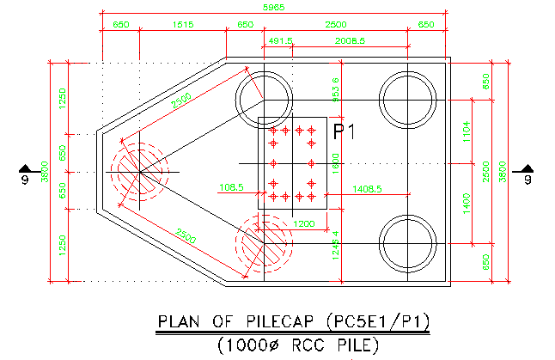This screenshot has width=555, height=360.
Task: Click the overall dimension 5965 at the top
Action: coord(274,7)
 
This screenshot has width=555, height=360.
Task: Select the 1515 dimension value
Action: coord(182,25)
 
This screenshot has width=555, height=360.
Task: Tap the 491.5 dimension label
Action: coord(281,40)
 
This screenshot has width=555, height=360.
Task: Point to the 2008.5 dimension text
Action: coord(350,40)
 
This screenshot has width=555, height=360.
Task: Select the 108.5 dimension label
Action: coord(232,186)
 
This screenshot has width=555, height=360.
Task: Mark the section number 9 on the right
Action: coord(527,180)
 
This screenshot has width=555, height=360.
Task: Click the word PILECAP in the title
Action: coord(280,322)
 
